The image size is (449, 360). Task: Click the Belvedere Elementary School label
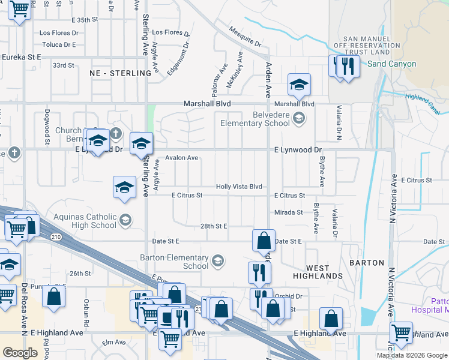click(255, 119)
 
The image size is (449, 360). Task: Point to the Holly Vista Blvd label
click(239, 187)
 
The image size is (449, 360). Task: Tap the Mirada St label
click(288, 212)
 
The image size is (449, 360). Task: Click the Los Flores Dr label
click(170, 32)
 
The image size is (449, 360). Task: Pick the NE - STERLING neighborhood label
click(120, 73)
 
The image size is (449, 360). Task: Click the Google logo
click(20, 353)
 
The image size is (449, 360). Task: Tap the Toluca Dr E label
click(59, 44)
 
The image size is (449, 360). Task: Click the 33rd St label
click(63, 65)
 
